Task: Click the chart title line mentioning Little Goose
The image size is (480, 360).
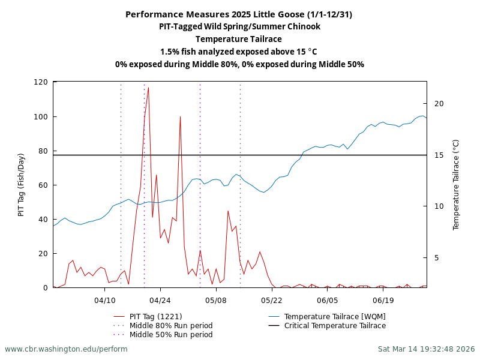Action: pyautogui.click(x=239, y=14)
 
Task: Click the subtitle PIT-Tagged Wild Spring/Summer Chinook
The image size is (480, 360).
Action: pyautogui.click(x=239, y=26)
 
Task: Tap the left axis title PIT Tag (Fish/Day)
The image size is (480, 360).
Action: pyautogui.click(x=22, y=185)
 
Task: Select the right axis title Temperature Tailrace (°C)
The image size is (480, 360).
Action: pyautogui.click(x=456, y=185)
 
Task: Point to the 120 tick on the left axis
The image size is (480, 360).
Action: pyautogui.click(x=41, y=82)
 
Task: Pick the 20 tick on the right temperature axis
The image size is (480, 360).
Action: pyautogui.click(x=439, y=104)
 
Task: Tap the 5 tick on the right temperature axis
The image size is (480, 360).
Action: pyautogui.click(x=439, y=258)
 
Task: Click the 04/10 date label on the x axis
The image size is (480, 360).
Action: pyautogui.click(x=105, y=300)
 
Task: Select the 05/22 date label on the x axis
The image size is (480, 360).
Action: pyautogui.click(x=272, y=300)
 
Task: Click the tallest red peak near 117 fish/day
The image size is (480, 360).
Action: pyautogui.click(x=148, y=88)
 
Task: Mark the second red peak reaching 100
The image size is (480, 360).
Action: pyautogui.click(x=180, y=117)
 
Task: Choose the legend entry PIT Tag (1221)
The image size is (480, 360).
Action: pyautogui.click(x=155, y=317)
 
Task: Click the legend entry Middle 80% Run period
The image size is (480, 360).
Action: pyautogui.click(x=171, y=326)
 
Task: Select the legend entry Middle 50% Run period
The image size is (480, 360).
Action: pyautogui.click(x=171, y=335)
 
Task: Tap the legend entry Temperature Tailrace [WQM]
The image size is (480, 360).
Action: pyautogui.click(x=335, y=317)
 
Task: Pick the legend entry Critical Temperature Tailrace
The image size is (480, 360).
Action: pyautogui.click(x=335, y=326)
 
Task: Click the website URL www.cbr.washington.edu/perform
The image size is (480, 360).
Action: pyautogui.click(x=66, y=349)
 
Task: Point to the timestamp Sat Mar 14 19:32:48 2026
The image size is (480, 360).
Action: pyautogui.click(x=426, y=349)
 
